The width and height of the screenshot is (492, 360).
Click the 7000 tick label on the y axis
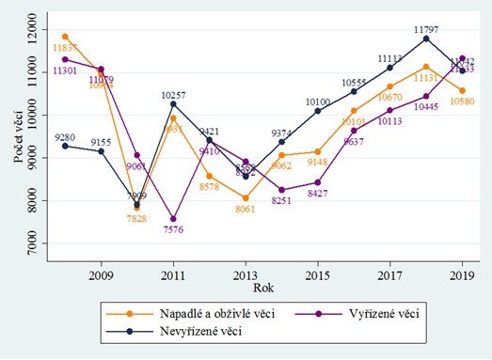tap(36, 244)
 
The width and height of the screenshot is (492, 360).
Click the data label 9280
tap(64, 137)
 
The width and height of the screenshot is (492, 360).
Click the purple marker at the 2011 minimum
tap(173, 218)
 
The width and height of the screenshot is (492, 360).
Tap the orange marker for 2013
tap(246, 197)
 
